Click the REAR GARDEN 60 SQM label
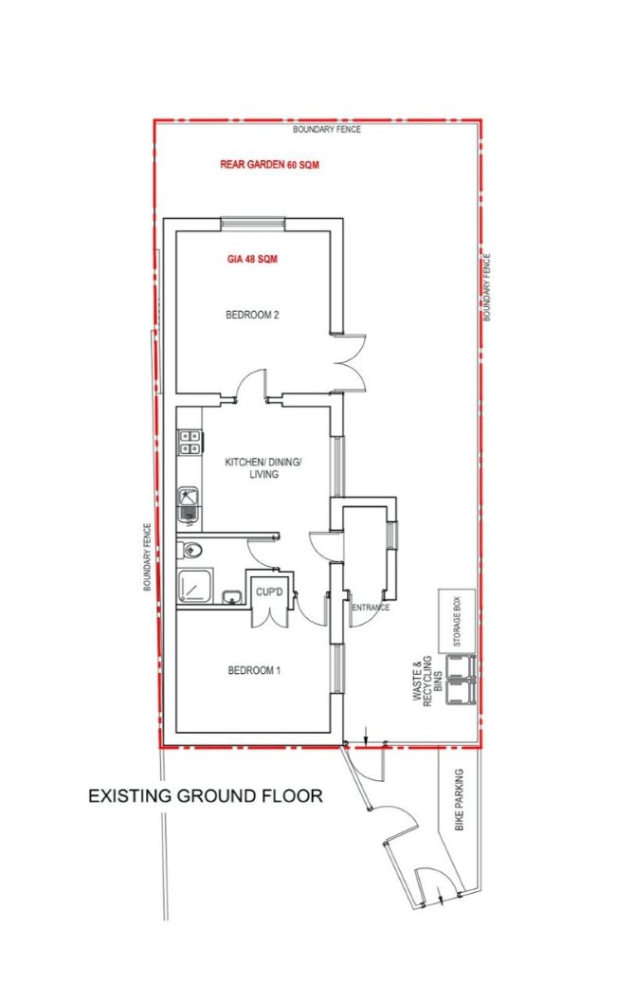point(269,165)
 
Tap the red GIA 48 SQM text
point(253,260)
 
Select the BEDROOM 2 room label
point(253,315)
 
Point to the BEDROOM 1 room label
point(254,670)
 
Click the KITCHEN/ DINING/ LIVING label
point(263,468)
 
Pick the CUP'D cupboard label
point(269,592)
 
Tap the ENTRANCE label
point(371,607)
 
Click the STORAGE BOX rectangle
point(457,621)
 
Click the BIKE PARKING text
point(459,799)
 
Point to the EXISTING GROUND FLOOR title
point(205,796)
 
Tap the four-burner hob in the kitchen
point(190,442)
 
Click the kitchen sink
point(189,502)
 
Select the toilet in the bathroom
point(190,550)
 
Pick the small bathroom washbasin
point(231,597)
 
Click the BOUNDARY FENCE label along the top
point(327,130)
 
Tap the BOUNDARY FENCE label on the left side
point(148,556)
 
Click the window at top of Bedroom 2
point(253,224)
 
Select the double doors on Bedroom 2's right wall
point(350,362)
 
